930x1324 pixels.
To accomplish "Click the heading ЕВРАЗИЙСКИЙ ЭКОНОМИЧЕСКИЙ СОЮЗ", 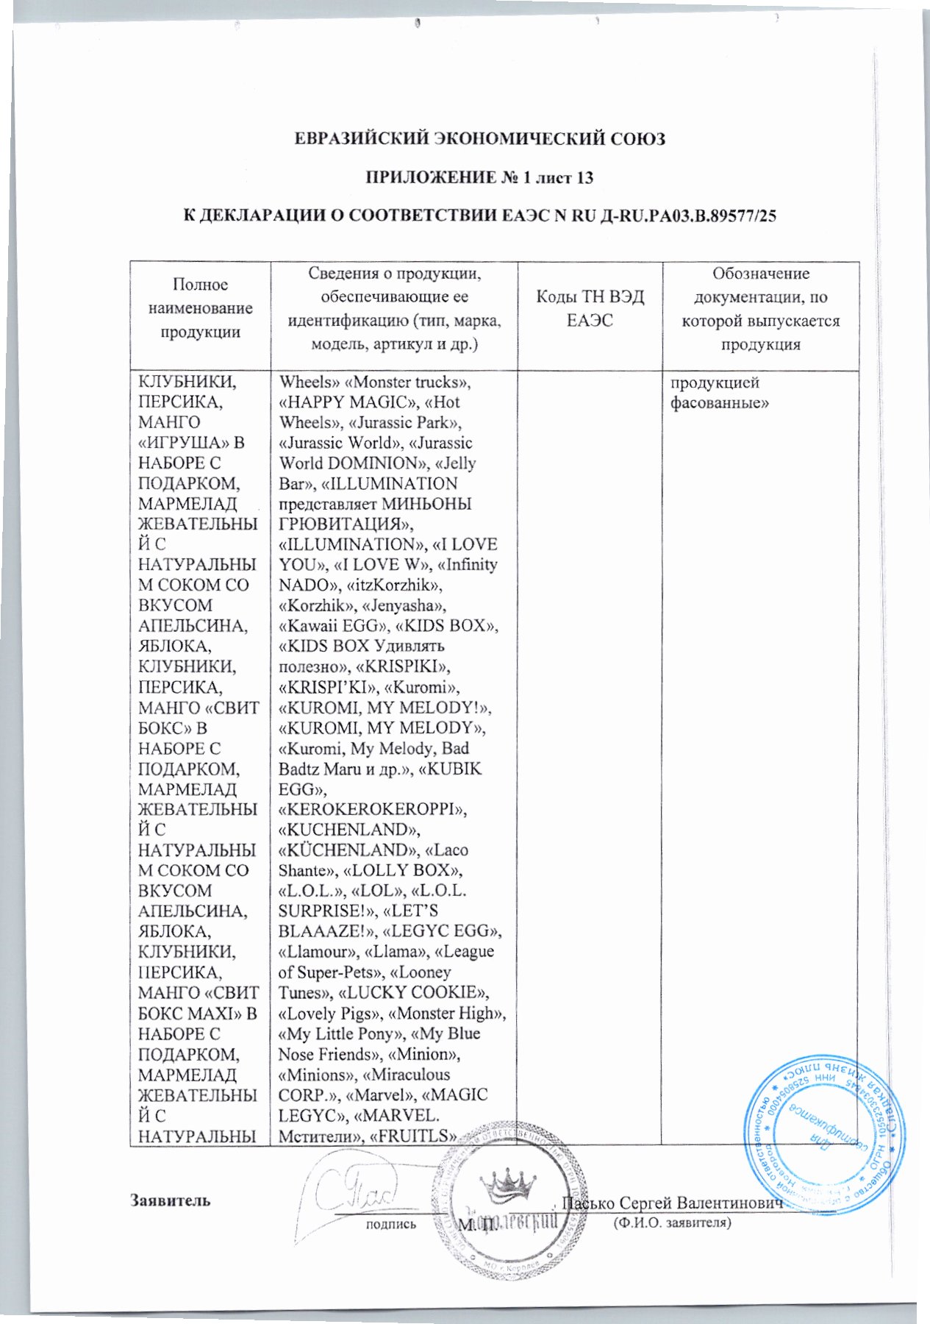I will [479, 138].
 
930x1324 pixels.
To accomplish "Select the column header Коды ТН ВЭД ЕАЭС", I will [590, 308].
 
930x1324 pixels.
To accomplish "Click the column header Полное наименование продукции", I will [200, 308].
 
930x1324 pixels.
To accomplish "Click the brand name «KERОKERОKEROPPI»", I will [373, 809].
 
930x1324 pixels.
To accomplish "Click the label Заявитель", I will [171, 1200].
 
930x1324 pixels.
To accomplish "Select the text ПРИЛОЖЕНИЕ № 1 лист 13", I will [479, 177].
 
